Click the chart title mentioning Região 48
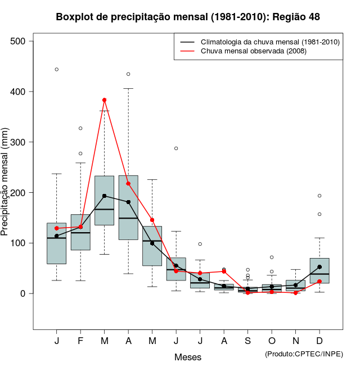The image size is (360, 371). [x=188, y=17]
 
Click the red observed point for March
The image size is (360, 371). [x=104, y=100]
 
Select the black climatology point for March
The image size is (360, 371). [x=104, y=196]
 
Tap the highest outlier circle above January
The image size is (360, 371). [x=57, y=70]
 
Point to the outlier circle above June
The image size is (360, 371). [x=176, y=148]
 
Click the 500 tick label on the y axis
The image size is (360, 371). [x=18, y=41]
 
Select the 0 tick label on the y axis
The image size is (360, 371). [x=23, y=293]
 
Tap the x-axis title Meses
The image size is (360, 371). [x=188, y=357]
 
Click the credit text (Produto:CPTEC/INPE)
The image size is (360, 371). [x=304, y=354]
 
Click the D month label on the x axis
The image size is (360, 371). [x=319, y=341]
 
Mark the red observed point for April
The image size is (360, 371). [x=128, y=183]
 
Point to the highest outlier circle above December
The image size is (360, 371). [x=319, y=196]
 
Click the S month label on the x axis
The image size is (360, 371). [x=248, y=341]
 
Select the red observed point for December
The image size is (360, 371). [x=319, y=282]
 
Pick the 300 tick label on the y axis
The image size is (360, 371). [x=18, y=142]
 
